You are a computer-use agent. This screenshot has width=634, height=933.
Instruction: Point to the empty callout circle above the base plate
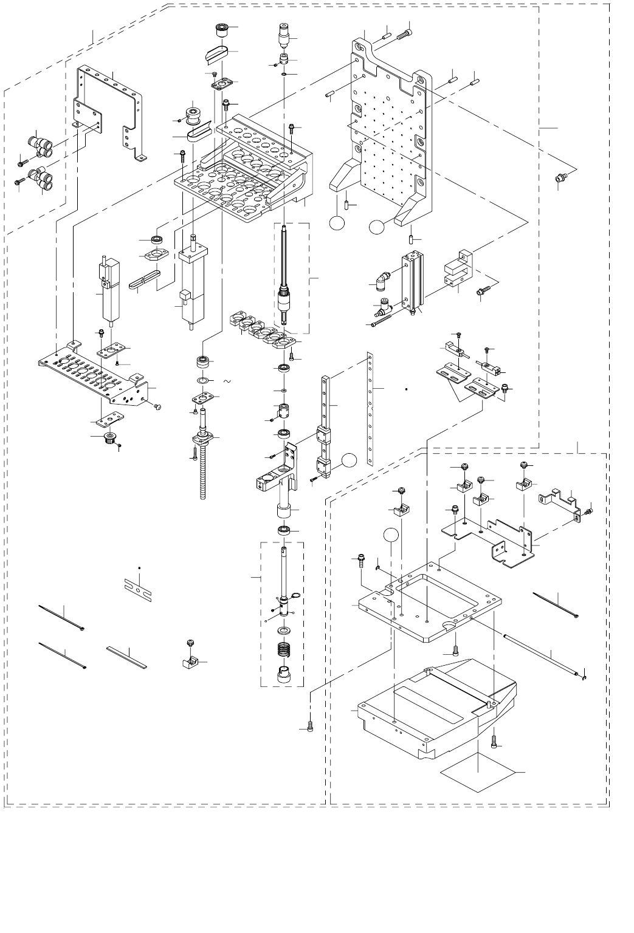pos(393,536)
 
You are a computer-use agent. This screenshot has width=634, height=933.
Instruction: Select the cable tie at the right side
pos(556,604)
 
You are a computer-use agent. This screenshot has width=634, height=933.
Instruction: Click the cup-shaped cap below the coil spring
pos(284,674)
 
